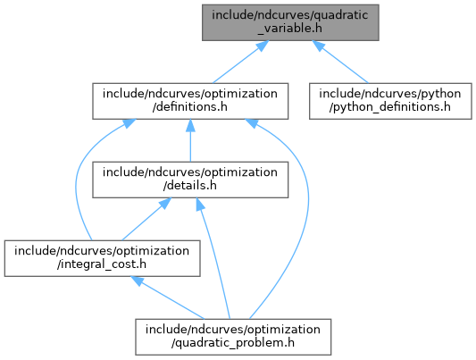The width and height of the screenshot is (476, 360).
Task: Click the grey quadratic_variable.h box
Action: (x=290, y=22)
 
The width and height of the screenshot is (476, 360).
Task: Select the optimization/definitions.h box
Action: (x=190, y=101)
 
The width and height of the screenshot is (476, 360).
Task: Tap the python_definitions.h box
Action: (x=390, y=101)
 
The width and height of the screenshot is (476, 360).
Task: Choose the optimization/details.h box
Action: (x=190, y=180)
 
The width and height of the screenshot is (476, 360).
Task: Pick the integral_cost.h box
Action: (x=102, y=258)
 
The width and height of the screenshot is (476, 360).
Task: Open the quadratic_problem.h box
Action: (x=233, y=337)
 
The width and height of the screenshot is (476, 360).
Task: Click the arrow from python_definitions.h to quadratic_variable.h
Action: (x=340, y=62)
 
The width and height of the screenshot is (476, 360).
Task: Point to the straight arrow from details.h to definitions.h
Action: (x=190, y=140)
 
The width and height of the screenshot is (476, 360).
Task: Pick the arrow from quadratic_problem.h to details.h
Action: (x=215, y=258)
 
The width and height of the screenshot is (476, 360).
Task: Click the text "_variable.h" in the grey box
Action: (x=290, y=29)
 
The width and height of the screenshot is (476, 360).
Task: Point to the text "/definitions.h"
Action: (x=190, y=107)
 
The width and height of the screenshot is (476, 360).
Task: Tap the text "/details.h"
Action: (x=190, y=186)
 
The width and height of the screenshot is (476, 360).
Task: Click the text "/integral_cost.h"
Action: (x=102, y=264)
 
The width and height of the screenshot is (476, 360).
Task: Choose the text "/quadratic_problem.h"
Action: (x=233, y=343)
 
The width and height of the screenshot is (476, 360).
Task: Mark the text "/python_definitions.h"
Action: (x=390, y=107)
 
